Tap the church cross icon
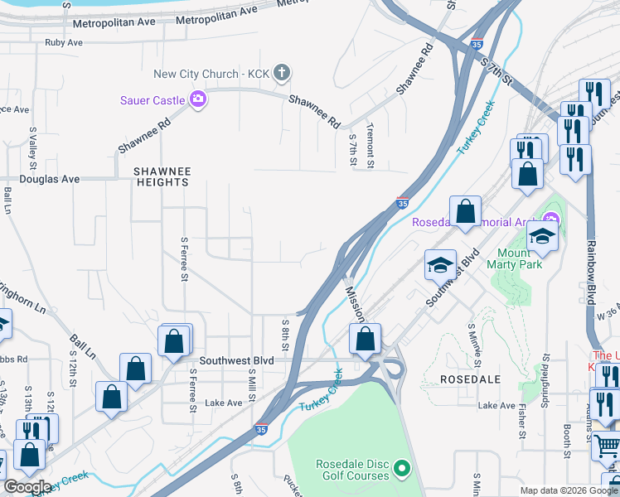coord(282,74)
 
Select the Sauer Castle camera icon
coord(198,100)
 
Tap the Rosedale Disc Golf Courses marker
coord(403,470)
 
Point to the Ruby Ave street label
coord(64,42)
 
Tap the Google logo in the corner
coord(27,487)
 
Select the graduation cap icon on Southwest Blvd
coord(440,265)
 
